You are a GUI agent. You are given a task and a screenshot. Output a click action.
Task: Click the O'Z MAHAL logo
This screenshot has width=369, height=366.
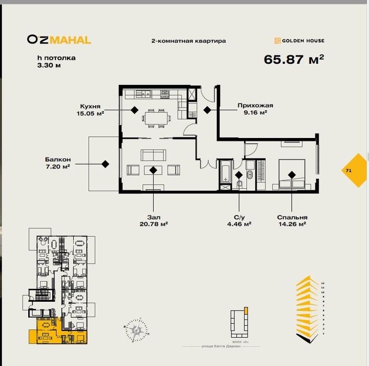(59, 39)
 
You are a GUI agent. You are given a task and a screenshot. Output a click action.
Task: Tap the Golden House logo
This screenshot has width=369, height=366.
(299, 40)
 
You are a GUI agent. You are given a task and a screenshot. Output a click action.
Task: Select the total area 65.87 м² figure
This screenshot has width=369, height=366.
(294, 59)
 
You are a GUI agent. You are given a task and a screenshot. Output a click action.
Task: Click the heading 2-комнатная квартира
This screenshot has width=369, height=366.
(188, 40)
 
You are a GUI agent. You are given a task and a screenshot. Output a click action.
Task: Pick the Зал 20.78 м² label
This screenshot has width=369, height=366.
(153, 220)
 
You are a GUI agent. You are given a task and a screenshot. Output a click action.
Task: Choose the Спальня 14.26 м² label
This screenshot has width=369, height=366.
(292, 220)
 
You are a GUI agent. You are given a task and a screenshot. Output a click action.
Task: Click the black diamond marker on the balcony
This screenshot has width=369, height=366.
(105, 164)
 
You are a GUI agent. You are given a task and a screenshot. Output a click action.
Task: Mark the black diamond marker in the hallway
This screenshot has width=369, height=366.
(207, 110)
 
